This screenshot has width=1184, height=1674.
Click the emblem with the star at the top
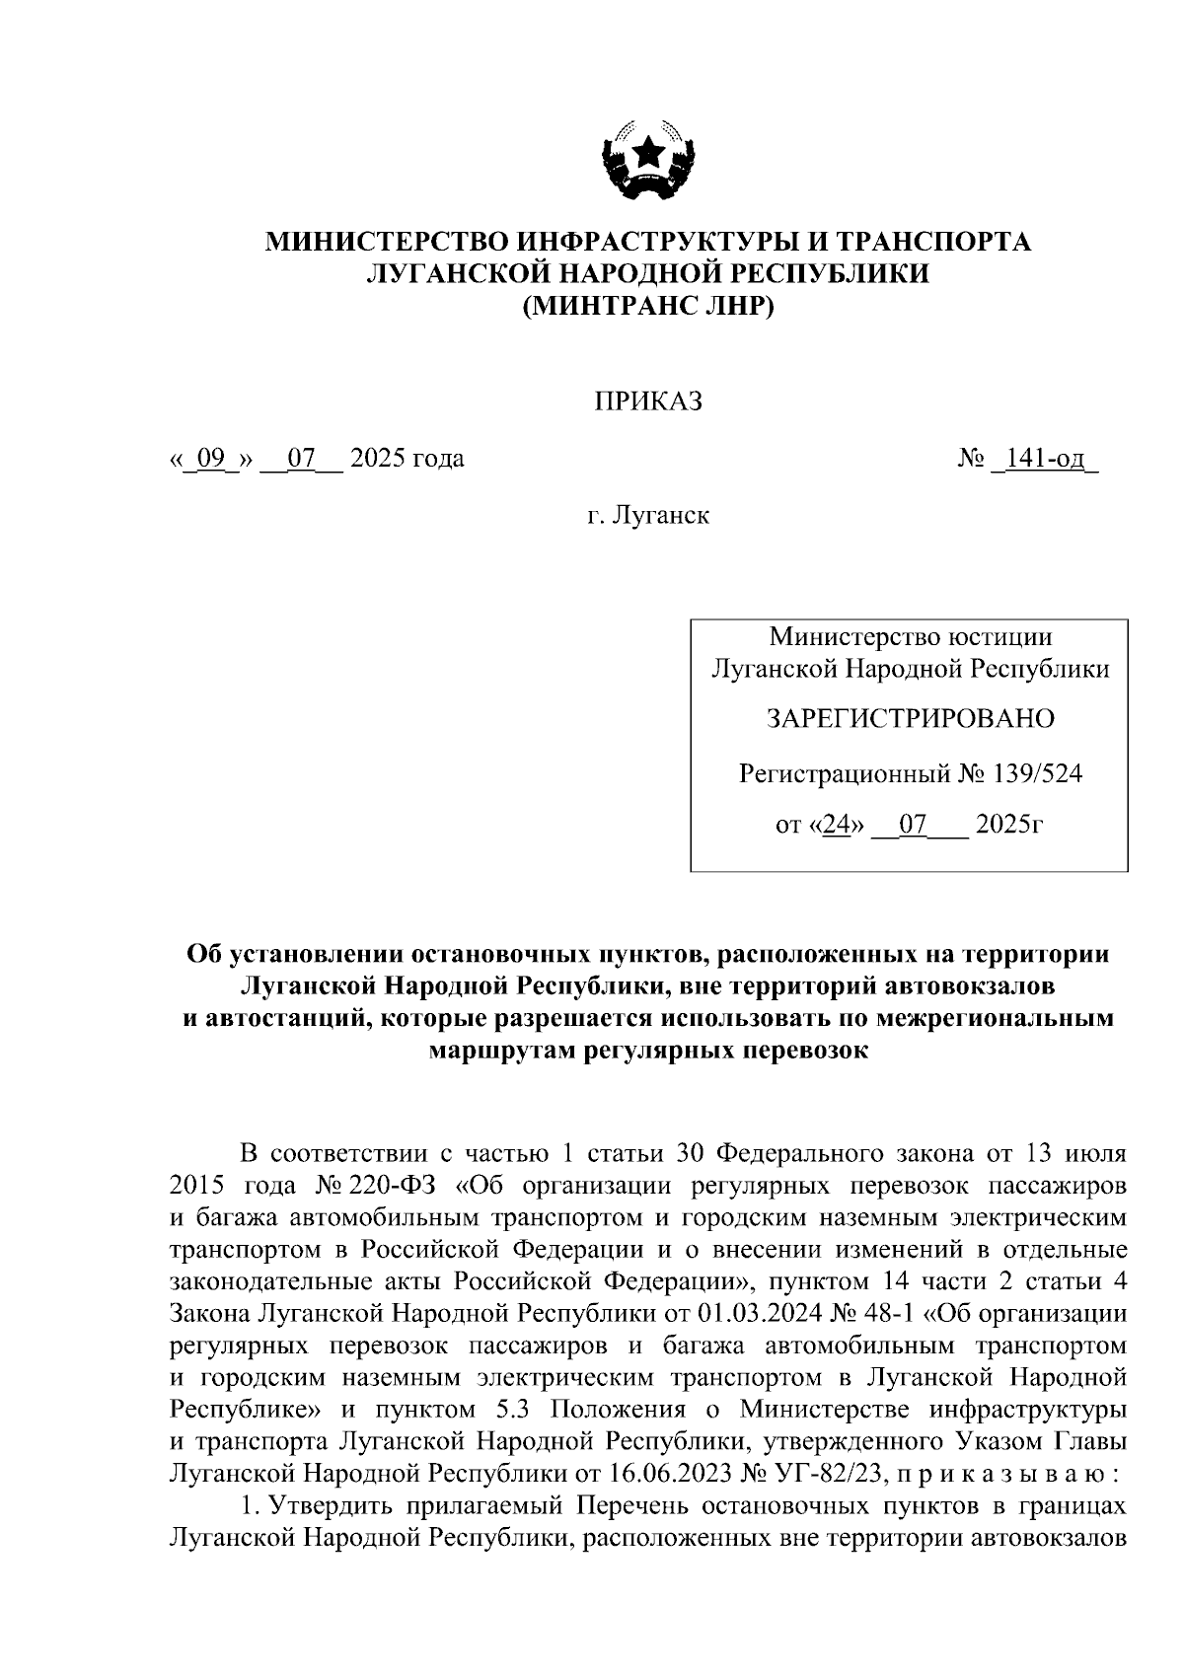(x=648, y=160)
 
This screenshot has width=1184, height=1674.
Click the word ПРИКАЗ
(x=647, y=401)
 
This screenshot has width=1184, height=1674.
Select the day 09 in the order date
(x=212, y=459)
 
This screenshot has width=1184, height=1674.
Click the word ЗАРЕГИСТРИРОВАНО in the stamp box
(x=910, y=718)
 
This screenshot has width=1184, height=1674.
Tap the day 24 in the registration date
(x=836, y=826)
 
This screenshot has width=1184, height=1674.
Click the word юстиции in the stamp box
(x=998, y=637)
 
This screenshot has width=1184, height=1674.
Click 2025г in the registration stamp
(x=1007, y=826)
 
